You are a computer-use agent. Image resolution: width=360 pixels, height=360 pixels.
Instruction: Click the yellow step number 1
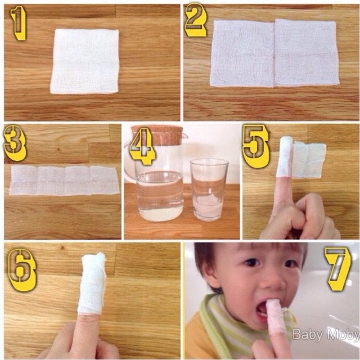tap(19, 23)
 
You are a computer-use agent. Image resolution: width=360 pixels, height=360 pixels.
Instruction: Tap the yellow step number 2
tap(196, 20)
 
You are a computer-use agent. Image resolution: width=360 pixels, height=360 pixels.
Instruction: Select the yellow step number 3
tap(15, 143)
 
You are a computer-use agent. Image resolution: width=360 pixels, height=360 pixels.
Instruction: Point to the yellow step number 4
tap(142, 146)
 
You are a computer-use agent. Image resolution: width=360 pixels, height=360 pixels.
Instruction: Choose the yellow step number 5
tap(255, 146)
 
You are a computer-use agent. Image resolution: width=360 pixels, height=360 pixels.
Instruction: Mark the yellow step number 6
tap(22, 270)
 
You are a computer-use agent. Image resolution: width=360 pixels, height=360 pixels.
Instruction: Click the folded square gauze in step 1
tap(85, 61)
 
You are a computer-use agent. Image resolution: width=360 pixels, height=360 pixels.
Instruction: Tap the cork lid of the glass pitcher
tap(157, 135)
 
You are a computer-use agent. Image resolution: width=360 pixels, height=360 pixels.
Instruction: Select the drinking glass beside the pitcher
tap(209, 190)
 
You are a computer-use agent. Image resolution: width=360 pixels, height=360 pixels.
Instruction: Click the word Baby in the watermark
tap(307, 335)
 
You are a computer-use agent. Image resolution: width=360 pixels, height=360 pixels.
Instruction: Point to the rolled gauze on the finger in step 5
tap(285, 157)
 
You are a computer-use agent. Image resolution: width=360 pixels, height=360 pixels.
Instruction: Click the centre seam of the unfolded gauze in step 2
tap(274, 53)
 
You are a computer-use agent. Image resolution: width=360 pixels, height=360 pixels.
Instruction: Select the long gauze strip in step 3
tap(64, 180)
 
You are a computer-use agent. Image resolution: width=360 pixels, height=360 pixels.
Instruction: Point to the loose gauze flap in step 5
tap(309, 160)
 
